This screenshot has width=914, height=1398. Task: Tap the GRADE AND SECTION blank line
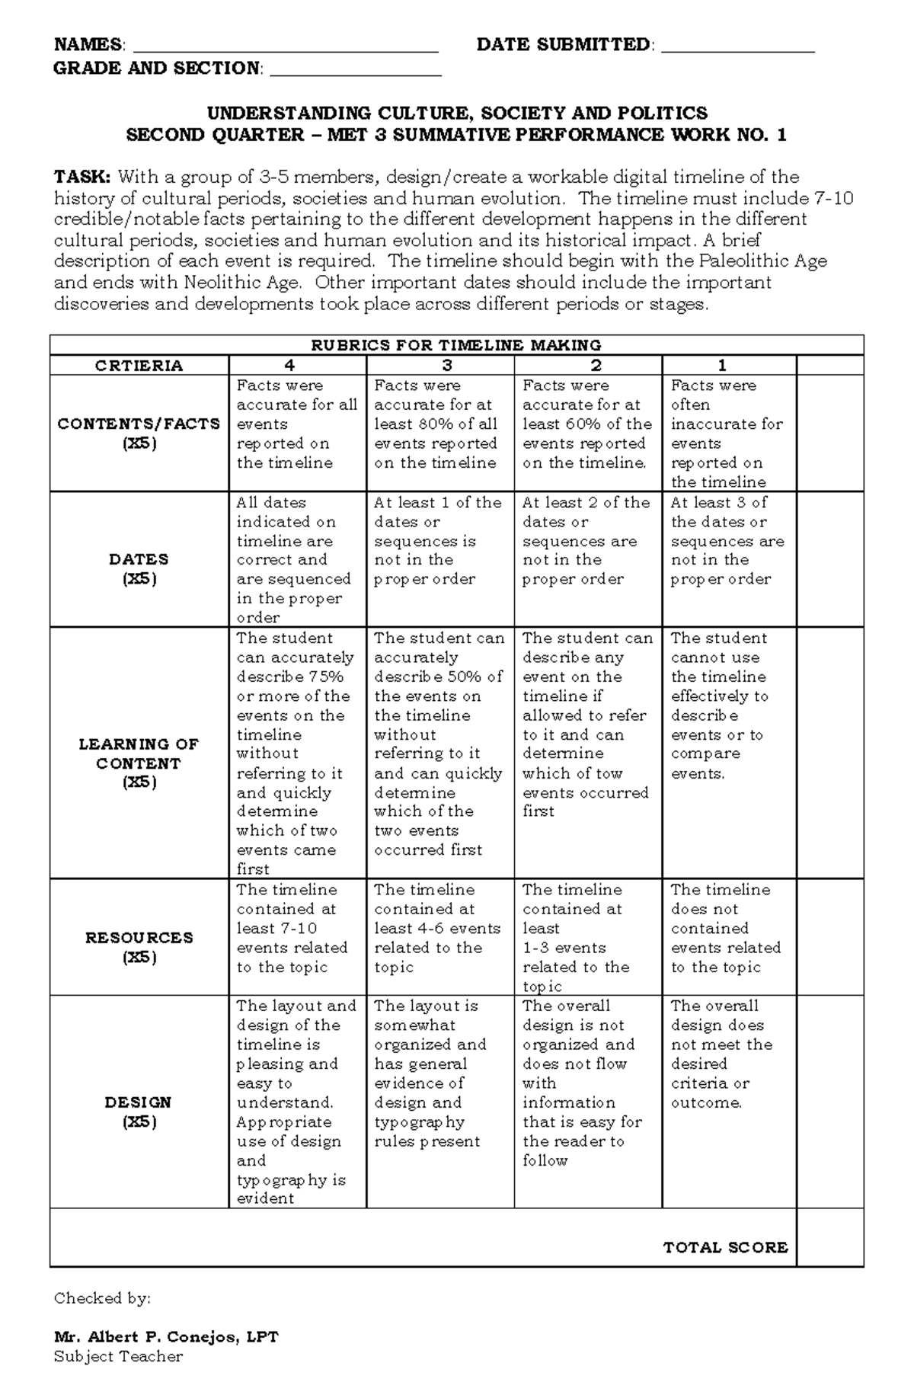point(356,71)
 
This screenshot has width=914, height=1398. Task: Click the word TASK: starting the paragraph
point(82,178)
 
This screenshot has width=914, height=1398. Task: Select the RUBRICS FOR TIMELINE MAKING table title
point(456,345)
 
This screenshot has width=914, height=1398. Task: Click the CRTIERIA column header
point(139,366)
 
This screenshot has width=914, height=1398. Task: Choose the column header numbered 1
point(722,366)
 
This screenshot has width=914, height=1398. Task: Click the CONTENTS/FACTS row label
point(139,433)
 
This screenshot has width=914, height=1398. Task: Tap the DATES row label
point(139,568)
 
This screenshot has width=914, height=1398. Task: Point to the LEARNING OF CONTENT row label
point(139,763)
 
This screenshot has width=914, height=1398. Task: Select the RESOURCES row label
point(139,947)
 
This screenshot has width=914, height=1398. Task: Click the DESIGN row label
point(139,1112)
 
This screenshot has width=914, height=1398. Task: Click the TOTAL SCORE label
point(725,1247)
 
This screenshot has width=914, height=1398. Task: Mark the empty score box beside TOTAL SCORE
point(829,1247)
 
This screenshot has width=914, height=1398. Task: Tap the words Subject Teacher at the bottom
point(118,1356)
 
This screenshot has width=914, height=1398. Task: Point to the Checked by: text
point(102,1298)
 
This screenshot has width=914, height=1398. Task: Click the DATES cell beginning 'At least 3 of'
point(727,541)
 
